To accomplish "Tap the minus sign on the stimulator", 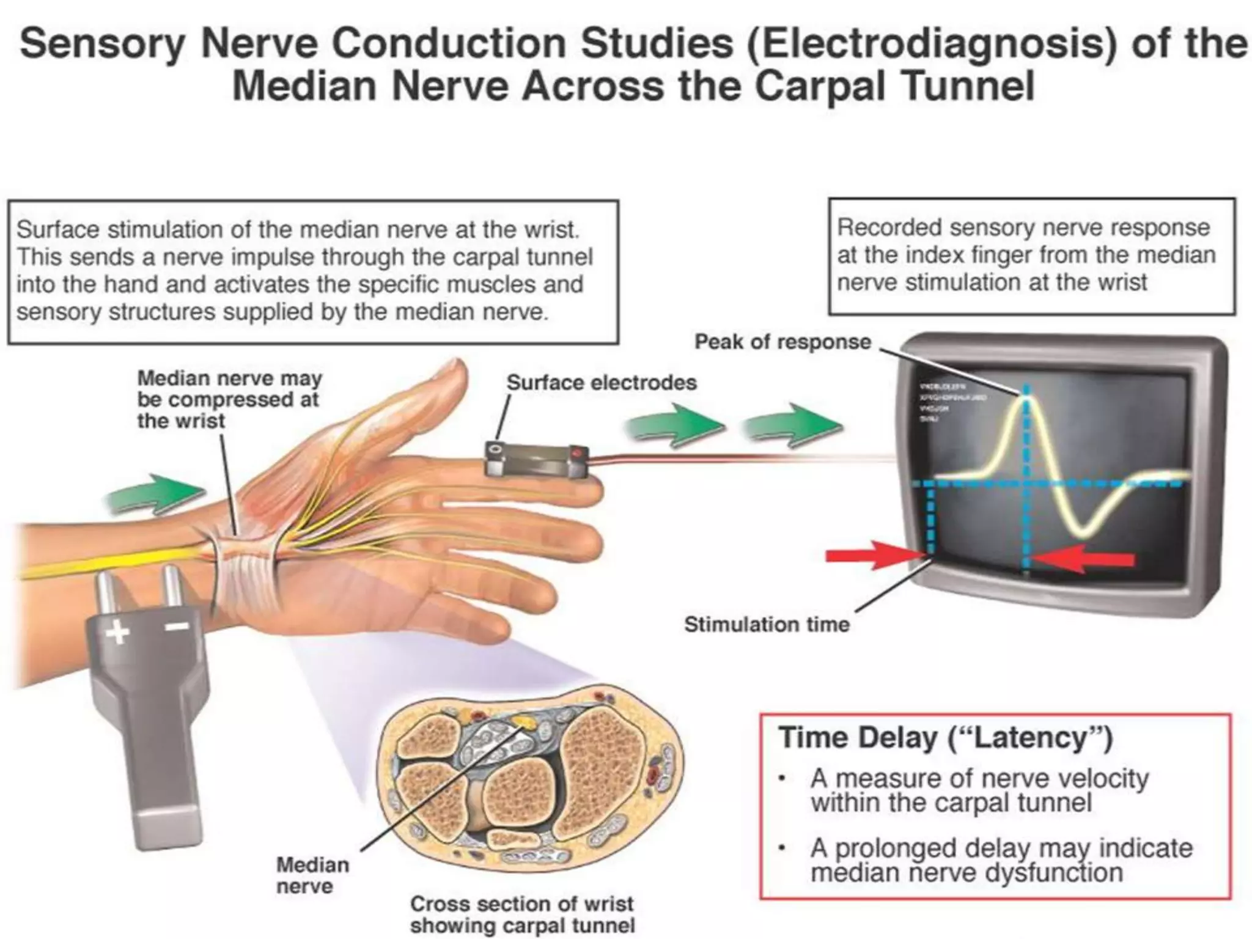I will pyautogui.click(x=177, y=626).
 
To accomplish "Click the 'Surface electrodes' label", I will pyautogui.click(x=602, y=383).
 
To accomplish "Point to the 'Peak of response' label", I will pyautogui.click(x=782, y=342).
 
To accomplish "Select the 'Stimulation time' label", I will pyautogui.click(x=767, y=624).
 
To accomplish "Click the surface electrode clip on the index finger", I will pyautogui.click(x=537, y=458).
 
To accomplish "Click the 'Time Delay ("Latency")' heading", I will pyautogui.click(x=945, y=738).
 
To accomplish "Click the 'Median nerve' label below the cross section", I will pyautogui.click(x=312, y=875).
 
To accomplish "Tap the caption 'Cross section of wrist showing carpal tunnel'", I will pyautogui.click(x=522, y=915).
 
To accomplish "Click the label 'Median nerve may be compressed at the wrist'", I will pyautogui.click(x=229, y=399).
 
